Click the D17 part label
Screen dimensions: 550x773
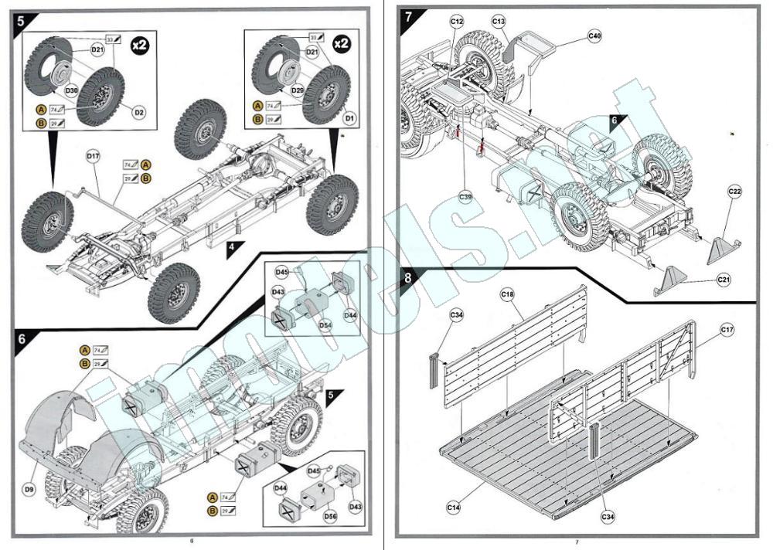(x=93, y=156)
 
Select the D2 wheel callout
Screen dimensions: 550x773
(x=140, y=113)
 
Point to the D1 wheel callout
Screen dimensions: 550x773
(x=349, y=118)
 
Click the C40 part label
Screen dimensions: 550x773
(x=594, y=36)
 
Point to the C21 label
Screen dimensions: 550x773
(x=724, y=279)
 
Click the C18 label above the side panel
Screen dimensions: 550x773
(x=507, y=294)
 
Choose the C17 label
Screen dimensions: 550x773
(x=727, y=331)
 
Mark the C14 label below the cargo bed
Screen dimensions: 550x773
(x=454, y=507)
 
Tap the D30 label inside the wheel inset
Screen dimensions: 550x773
(x=71, y=91)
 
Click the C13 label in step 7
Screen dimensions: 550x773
(x=499, y=22)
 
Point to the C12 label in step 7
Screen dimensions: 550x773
(x=457, y=22)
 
